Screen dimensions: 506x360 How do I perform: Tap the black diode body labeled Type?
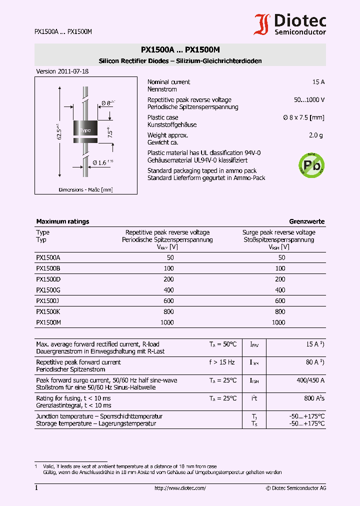coord(85,129)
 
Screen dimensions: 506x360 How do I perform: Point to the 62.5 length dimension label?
coord(59,131)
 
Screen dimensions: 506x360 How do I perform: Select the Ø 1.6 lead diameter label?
coord(102,162)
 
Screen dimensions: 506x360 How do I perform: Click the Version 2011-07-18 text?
coord(62,71)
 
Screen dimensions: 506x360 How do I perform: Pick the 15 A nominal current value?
coord(318,82)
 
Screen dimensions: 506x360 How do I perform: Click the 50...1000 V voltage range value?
coord(309,100)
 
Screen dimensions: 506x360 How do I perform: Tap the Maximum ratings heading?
coord(62,221)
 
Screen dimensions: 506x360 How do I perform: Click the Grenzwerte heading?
coord(306,221)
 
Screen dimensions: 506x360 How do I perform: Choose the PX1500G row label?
coord(48,290)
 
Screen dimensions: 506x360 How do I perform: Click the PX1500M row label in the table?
coord(48,322)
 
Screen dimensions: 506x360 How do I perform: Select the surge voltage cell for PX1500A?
coord(281,257)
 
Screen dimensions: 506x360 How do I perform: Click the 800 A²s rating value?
coord(314,398)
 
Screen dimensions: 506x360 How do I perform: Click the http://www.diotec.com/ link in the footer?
coord(180,488)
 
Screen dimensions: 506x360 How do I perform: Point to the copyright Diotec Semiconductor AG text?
coord(295,488)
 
